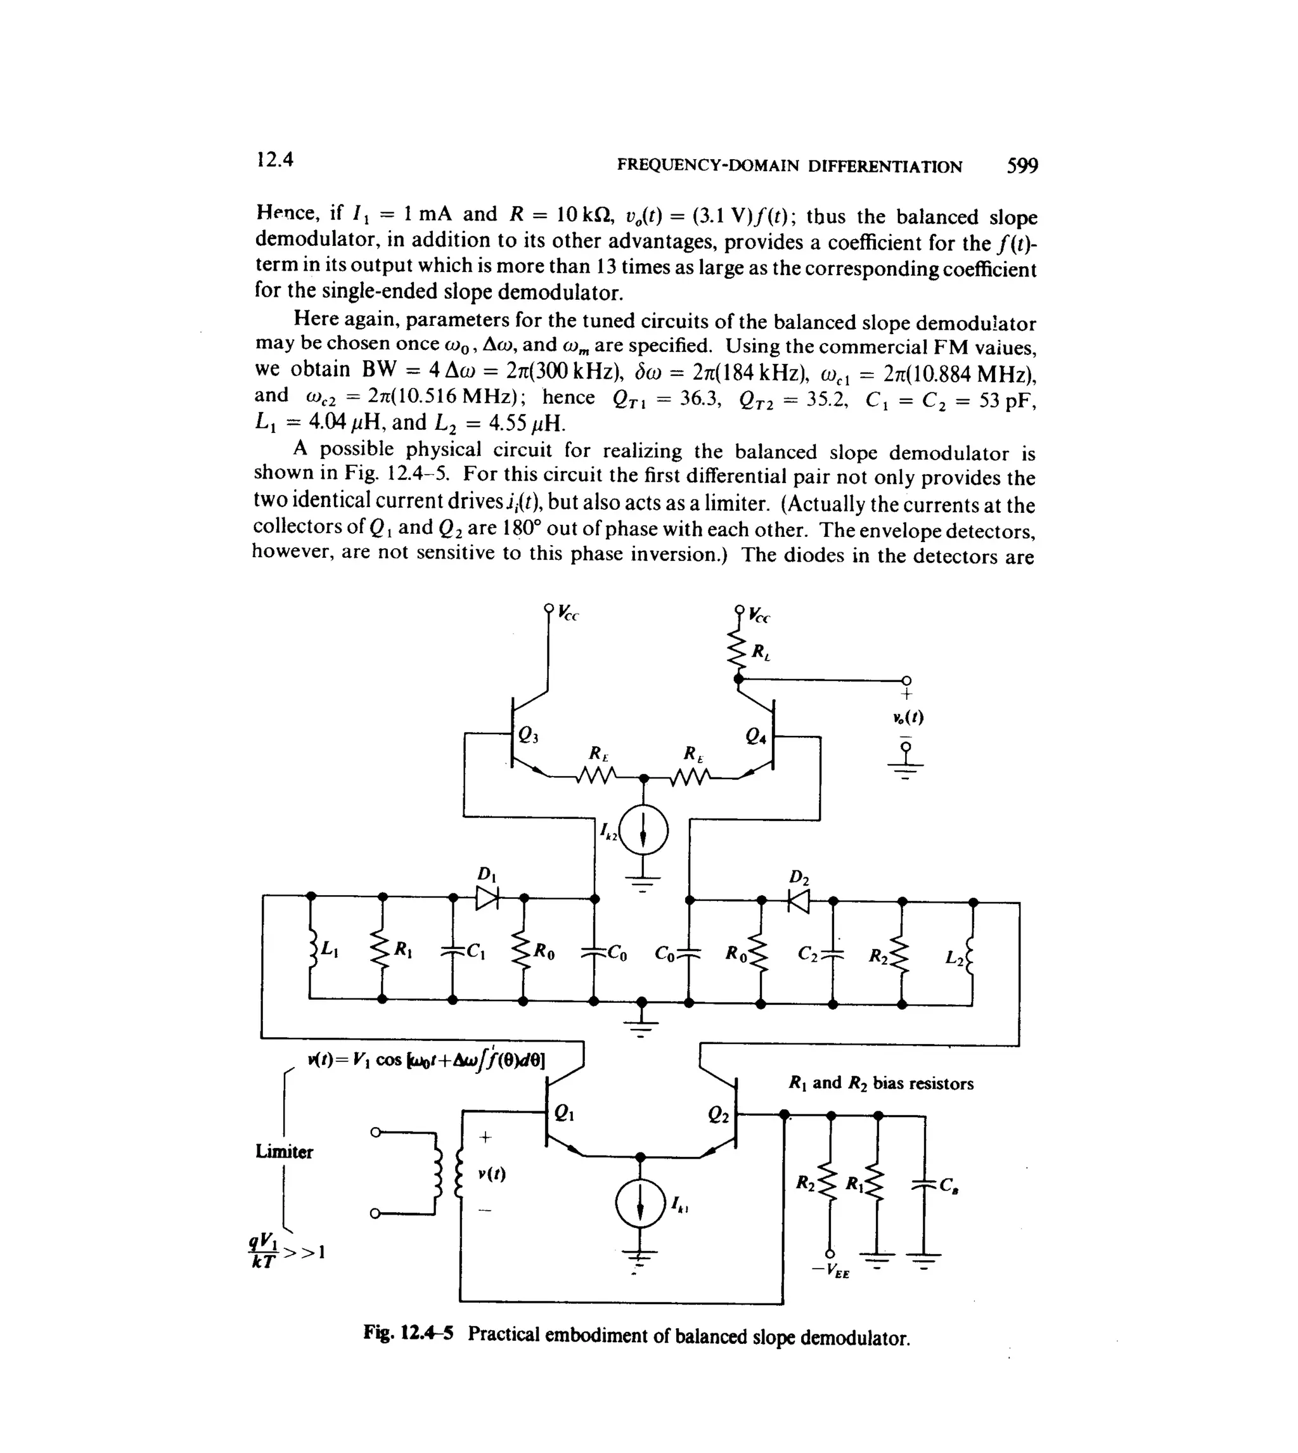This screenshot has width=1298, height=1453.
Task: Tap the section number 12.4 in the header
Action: (x=274, y=159)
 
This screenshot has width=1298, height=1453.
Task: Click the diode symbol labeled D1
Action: (x=488, y=897)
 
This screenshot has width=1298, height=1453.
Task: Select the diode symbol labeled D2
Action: (x=799, y=901)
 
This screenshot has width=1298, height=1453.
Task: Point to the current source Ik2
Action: (x=643, y=832)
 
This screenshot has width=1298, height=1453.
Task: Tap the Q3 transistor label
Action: (x=528, y=735)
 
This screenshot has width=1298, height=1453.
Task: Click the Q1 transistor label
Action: (x=563, y=1113)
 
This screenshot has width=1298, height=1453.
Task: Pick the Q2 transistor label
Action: (x=718, y=1115)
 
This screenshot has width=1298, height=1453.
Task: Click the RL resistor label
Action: (x=761, y=651)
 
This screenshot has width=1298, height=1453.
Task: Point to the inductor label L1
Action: (x=330, y=948)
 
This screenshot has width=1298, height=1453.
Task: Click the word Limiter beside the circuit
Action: (x=284, y=1151)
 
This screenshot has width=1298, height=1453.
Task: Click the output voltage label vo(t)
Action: (x=907, y=718)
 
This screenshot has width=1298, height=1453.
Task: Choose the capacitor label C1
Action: (x=477, y=952)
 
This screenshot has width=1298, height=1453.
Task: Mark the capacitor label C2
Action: (x=808, y=953)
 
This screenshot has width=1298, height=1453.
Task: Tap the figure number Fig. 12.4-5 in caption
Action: (x=408, y=1333)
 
